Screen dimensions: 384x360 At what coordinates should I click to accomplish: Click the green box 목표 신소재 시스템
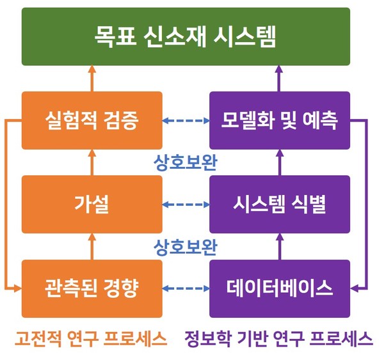click(186, 36)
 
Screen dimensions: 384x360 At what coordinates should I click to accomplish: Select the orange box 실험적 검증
click(92, 120)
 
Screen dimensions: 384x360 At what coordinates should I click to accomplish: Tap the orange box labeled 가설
click(92, 205)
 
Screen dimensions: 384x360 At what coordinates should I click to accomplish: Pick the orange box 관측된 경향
click(92, 288)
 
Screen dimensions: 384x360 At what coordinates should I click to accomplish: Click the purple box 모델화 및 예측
click(280, 120)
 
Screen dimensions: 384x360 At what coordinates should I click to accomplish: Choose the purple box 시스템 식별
click(280, 205)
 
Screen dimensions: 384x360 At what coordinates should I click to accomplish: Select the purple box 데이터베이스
click(280, 288)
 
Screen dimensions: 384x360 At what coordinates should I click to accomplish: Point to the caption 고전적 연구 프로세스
click(91, 338)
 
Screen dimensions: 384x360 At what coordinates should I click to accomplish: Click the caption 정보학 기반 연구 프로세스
click(278, 338)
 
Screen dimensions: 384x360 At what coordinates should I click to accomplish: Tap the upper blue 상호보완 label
click(186, 162)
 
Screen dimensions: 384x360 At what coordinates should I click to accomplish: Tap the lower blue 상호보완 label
click(186, 247)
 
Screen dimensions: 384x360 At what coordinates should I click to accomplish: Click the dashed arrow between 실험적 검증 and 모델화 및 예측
click(186, 120)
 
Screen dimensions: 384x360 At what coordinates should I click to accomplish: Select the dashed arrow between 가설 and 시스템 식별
click(186, 205)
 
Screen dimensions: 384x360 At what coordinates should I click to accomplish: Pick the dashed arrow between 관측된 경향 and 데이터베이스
click(186, 288)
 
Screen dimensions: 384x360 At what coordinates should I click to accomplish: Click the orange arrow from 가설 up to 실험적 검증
click(92, 162)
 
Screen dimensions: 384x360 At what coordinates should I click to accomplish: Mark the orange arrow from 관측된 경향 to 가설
click(92, 246)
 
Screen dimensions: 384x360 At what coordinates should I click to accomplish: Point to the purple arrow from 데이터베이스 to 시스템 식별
click(280, 246)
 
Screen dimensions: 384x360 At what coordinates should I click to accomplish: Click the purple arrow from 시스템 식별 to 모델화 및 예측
click(280, 162)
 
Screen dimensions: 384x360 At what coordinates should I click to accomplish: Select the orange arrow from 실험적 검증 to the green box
click(92, 79)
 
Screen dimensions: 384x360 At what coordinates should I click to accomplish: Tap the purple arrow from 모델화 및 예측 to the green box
click(279, 79)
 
